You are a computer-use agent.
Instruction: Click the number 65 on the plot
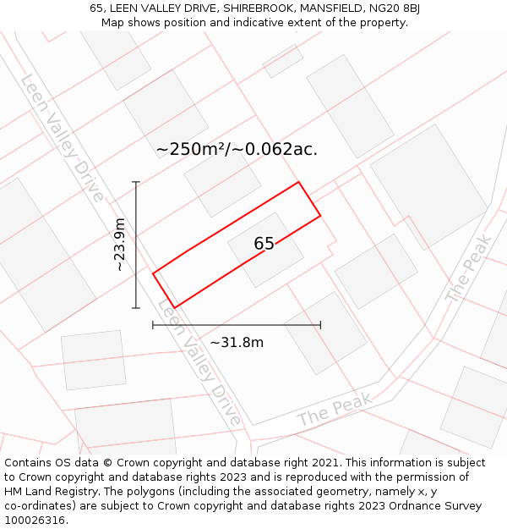264,244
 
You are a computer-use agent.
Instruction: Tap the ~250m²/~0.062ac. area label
237,149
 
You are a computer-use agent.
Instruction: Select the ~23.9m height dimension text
120,245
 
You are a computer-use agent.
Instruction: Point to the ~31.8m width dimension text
237,342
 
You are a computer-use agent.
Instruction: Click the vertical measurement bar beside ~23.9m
136,245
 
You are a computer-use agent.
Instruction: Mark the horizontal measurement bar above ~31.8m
237,324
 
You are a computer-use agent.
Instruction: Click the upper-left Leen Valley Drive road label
62,138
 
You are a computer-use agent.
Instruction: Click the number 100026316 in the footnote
35,520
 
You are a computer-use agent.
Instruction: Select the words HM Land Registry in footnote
47,491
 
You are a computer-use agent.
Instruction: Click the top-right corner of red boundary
298,182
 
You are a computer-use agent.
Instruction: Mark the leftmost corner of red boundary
153,273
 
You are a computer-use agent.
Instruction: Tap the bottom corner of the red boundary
174,307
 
